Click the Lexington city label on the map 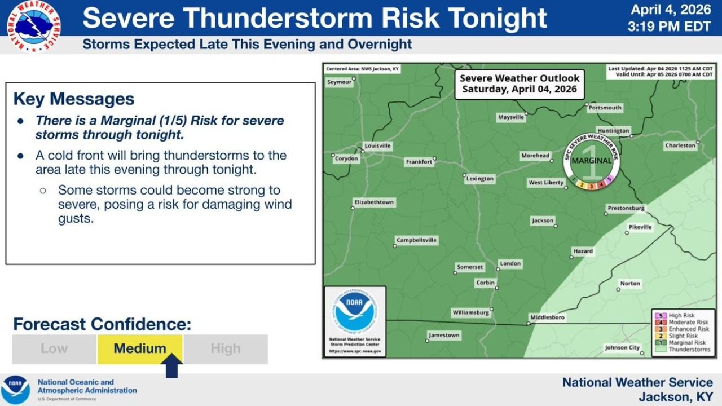(480, 179)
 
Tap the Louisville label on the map (377, 145)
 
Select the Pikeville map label (640, 227)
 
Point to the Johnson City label (622, 348)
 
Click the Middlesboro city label (547, 317)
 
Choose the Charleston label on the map (680, 145)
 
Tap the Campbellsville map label (416, 240)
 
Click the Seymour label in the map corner (339, 82)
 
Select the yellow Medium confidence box (140, 348)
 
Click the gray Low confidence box (54, 348)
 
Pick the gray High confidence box (226, 348)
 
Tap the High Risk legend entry (681, 316)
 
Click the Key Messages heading (74, 99)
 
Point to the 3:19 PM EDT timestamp (670, 26)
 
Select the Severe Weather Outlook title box (519, 84)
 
